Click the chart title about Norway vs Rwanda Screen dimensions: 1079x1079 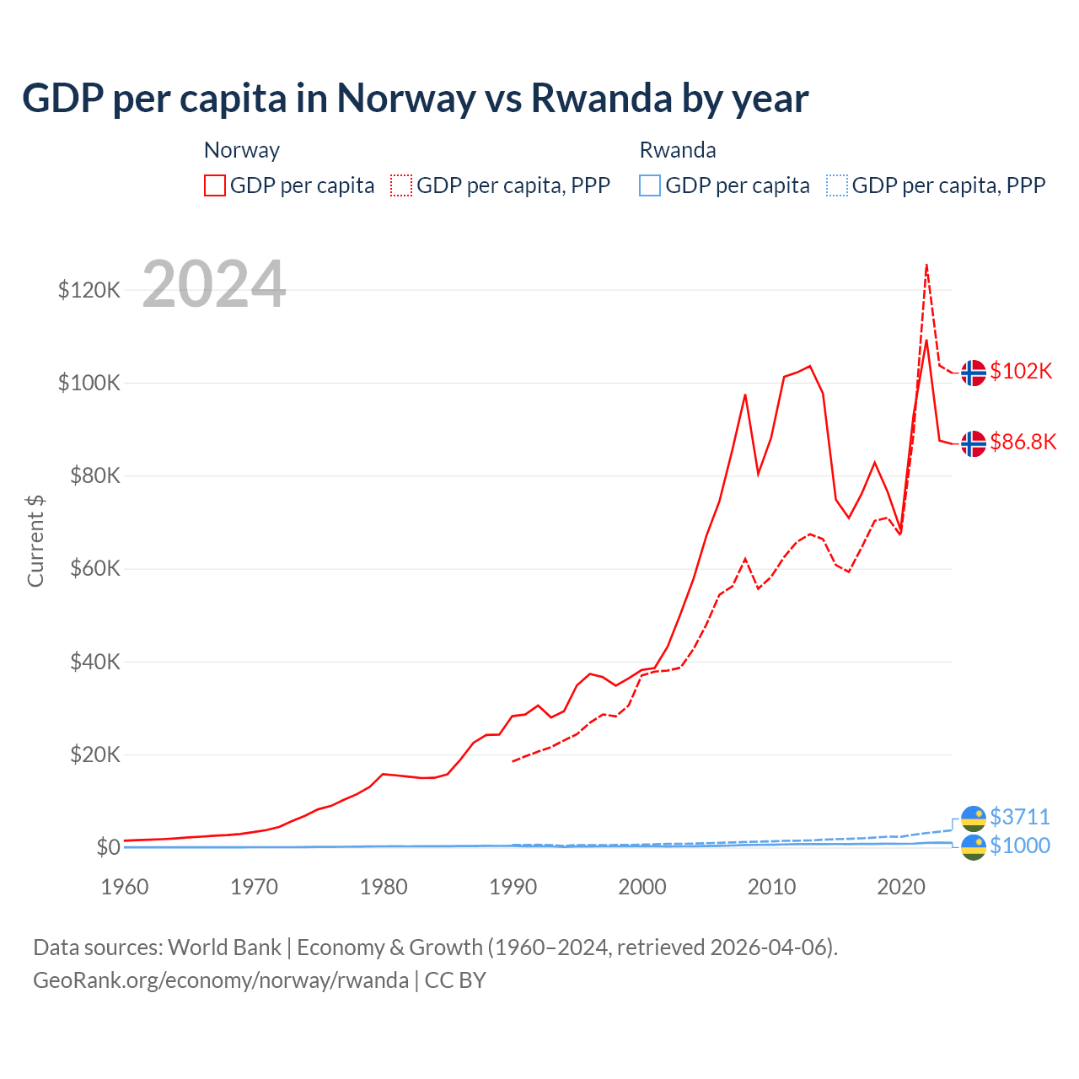pos(415,99)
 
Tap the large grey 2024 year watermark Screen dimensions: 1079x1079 pos(214,285)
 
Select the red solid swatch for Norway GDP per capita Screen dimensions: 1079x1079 pos(215,185)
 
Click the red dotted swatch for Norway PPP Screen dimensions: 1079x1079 pos(401,185)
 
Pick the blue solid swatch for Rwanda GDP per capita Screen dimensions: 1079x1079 pos(650,185)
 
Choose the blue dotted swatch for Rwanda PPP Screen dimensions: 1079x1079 pos(837,185)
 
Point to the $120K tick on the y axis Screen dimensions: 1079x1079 pos(89,291)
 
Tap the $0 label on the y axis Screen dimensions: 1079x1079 pos(108,847)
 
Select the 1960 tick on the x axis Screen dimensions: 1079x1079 pos(125,887)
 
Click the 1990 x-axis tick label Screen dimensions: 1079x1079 pos(513,887)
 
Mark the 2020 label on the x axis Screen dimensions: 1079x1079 pos(901,887)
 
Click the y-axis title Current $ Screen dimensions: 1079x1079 pos(35,540)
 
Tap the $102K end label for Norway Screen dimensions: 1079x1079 pos(1021,372)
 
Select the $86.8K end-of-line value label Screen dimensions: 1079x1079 pos(1023,443)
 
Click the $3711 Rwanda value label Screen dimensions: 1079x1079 pos(1020,817)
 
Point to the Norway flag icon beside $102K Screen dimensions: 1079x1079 pos(974,373)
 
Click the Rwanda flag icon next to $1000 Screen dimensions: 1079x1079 pos(974,847)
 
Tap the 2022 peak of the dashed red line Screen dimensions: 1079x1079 pos(926,265)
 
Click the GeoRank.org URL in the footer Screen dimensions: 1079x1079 pos(221,980)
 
